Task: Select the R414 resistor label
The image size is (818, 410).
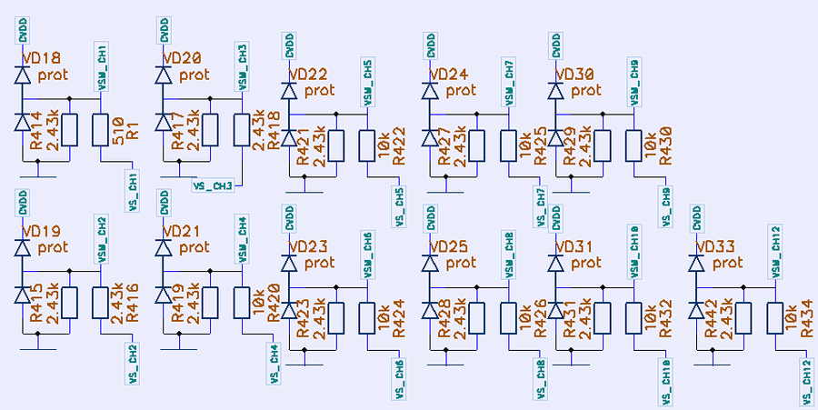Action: pyautogui.click(x=37, y=131)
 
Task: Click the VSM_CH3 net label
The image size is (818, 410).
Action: pyautogui.click(x=242, y=66)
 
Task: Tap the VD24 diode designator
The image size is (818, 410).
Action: pyautogui.click(x=449, y=75)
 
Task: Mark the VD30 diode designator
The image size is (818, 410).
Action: pyautogui.click(x=575, y=75)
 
